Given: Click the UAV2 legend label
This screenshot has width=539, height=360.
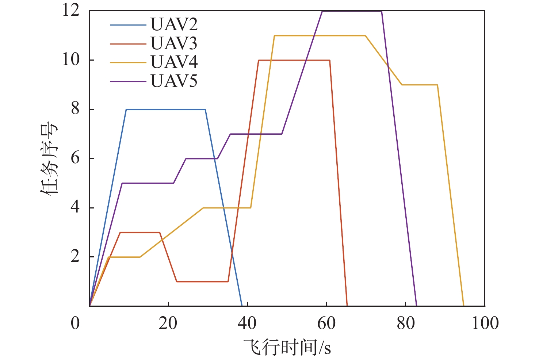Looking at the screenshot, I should (174, 25).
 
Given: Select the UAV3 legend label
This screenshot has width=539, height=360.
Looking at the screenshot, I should (174, 44).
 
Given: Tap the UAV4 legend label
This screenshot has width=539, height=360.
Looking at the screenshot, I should (174, 62).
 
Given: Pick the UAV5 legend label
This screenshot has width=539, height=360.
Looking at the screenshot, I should (174, 81).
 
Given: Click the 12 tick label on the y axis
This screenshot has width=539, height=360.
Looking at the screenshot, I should (71, 10).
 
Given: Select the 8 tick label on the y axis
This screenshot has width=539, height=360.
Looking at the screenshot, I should (75, 109).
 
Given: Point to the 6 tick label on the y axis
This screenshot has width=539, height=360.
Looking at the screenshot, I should (75, 158).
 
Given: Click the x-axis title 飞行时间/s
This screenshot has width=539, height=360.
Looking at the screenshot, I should (287, 347).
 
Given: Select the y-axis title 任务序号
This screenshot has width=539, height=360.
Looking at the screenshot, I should (49, 159).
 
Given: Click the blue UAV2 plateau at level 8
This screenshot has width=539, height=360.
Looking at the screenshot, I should (165, 109).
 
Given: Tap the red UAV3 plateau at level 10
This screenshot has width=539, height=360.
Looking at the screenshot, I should (294, 60).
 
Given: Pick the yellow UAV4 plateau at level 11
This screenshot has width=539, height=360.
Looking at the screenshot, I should (320, 35).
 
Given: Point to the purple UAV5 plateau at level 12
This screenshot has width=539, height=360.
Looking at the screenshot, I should (352, 11).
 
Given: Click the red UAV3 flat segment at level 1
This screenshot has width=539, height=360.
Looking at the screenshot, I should (202, 282).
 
